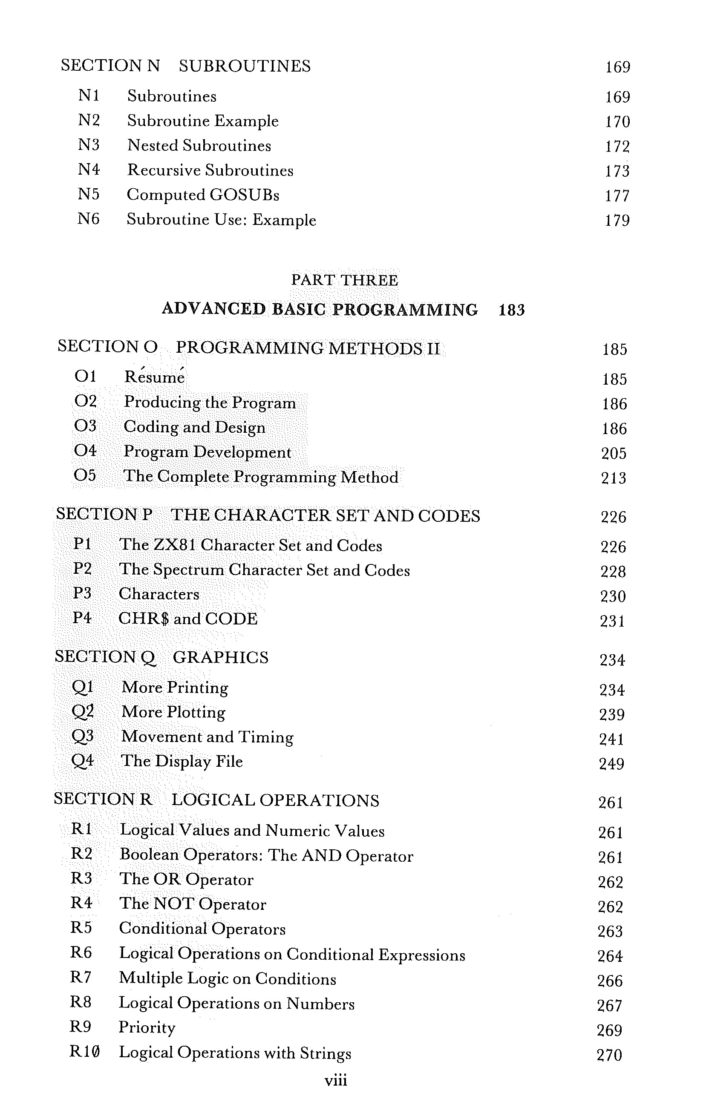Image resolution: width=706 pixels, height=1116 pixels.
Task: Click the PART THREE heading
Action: [x=344, y=280]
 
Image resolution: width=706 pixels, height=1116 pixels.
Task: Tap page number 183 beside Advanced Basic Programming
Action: [x=511, y=310]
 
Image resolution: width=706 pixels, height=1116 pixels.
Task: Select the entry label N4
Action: [x=88, y=170]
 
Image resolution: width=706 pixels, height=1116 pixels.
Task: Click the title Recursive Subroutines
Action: [x=210, y=170]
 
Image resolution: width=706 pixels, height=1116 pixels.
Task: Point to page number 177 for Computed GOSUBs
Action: [x=617, y=196]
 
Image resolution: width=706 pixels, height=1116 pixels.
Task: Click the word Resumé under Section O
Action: [x=154, y=377]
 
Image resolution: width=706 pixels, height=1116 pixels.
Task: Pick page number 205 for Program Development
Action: [x=614, y=453]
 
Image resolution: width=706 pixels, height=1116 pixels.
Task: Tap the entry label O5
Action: [x=85, y=475]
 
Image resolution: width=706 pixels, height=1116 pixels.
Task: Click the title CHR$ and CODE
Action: [x=188, y=619]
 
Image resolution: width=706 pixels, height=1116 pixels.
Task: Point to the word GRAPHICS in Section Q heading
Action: [x=220, y=657]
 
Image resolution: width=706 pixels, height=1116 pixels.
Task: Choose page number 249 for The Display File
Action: [x=611, y=763]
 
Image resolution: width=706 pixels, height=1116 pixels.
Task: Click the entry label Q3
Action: [x=83, y=736]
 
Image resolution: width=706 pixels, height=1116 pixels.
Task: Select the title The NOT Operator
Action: [x=193, y=904]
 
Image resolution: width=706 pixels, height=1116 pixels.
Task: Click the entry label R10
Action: [x=84, y=1052]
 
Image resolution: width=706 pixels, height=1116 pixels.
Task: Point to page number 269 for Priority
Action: [x=609, y=1030]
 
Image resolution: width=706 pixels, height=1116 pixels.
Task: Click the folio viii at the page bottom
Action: [x=336, y=1080]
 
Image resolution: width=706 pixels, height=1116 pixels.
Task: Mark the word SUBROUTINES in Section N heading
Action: [x=245, y=66]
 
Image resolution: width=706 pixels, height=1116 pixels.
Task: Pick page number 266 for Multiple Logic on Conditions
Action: [x=610, y=980]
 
